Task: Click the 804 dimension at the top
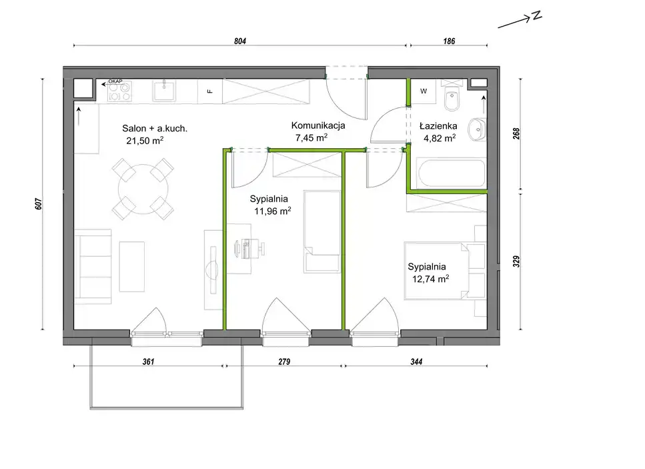pyautogui.click(x=240, y=41)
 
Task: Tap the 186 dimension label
pyautogui.click(x=449, y=41)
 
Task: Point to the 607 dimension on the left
pyautogui.click(x=39, y=204)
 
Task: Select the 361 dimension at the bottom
pyautogui.click(x=149, y=362)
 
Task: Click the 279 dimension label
pyautogui.click(x=284, y=362)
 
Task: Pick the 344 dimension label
pyautogui.click(x=416, y=362)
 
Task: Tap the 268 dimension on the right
pyautogui.click(x=517, y=133)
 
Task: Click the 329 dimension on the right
pyautogui.click(x=517, y=262)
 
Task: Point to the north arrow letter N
pyautogui.click(x=536, y=15)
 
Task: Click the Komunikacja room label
pyautogui.click(x=318, y=125)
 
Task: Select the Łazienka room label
pyautogui.click(x=438, y=126)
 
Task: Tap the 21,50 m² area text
pyautogui.click(x=145, y=140)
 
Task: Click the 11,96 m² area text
pyautogui.click(x=273, y=211)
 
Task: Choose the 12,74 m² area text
pyautogui.click(x=430, y=279)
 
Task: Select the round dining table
pyautogui.click(x=143, y=189)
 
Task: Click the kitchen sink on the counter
pyautogui.click(x=164, y=91)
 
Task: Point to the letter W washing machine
pyautogui.click(x=424, y=91)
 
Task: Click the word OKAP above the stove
pyautogui.click(x=115, y=81)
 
